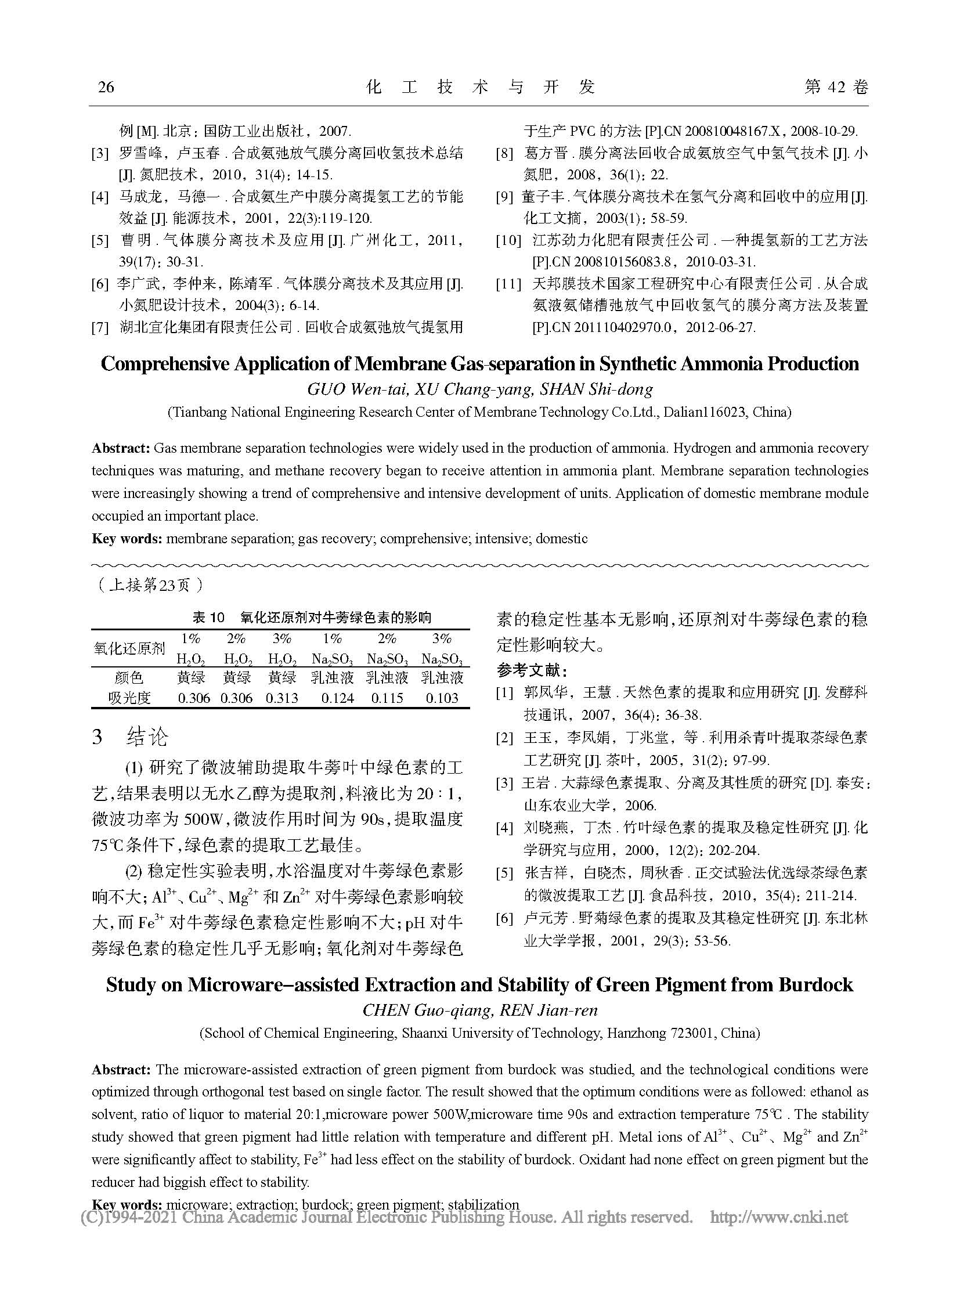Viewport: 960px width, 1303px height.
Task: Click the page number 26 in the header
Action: (106, 87)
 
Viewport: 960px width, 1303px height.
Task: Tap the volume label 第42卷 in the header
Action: (836, 87)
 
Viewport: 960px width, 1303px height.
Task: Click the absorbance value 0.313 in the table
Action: (282, 698)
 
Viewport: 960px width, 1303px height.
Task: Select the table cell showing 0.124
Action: (333, 698)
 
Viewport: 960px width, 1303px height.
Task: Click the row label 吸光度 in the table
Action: (129, 698)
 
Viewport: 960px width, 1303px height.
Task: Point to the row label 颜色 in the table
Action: (129, 677)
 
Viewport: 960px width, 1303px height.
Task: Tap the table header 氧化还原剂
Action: (129, 648)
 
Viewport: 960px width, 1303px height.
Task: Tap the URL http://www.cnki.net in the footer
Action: (779, 1217)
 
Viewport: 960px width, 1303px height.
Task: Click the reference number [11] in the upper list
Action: (508, 284)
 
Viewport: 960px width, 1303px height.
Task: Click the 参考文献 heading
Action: (531, 671)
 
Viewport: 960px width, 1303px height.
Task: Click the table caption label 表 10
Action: (208, 617)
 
